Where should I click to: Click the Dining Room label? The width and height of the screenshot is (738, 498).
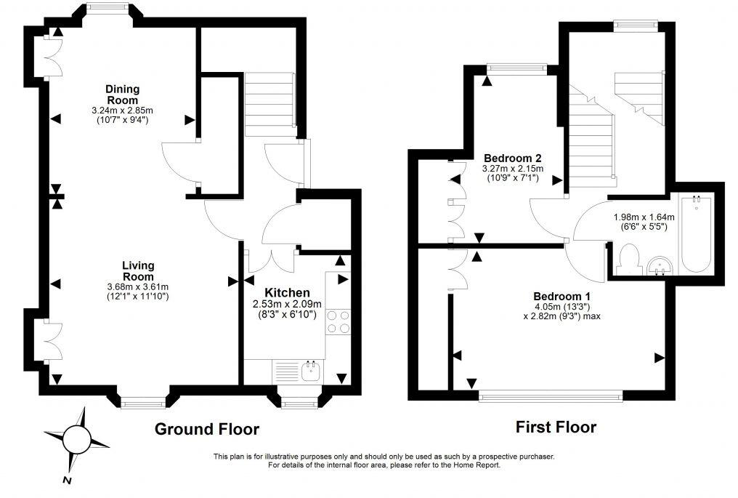122,95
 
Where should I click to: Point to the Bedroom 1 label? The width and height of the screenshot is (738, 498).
561,297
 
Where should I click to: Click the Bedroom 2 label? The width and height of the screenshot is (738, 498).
512,158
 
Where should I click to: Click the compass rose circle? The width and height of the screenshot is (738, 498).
75,439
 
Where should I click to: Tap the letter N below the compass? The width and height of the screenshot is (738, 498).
65,481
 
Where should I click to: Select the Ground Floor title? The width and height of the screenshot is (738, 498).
206,429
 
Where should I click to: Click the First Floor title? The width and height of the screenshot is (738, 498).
556,427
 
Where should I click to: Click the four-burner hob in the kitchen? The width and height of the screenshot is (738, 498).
338,321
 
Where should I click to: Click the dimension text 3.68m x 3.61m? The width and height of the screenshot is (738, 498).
137,287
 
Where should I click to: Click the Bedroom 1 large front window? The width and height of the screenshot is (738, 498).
551,395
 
